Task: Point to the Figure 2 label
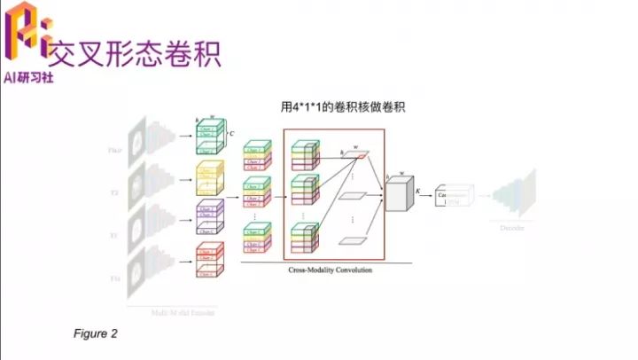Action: (95, 334)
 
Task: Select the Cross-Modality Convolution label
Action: (331, 270)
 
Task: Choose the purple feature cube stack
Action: (211, 215)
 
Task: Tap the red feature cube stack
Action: (211, 257)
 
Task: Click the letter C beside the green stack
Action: (231, 134)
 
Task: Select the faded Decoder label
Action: (513, 228)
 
